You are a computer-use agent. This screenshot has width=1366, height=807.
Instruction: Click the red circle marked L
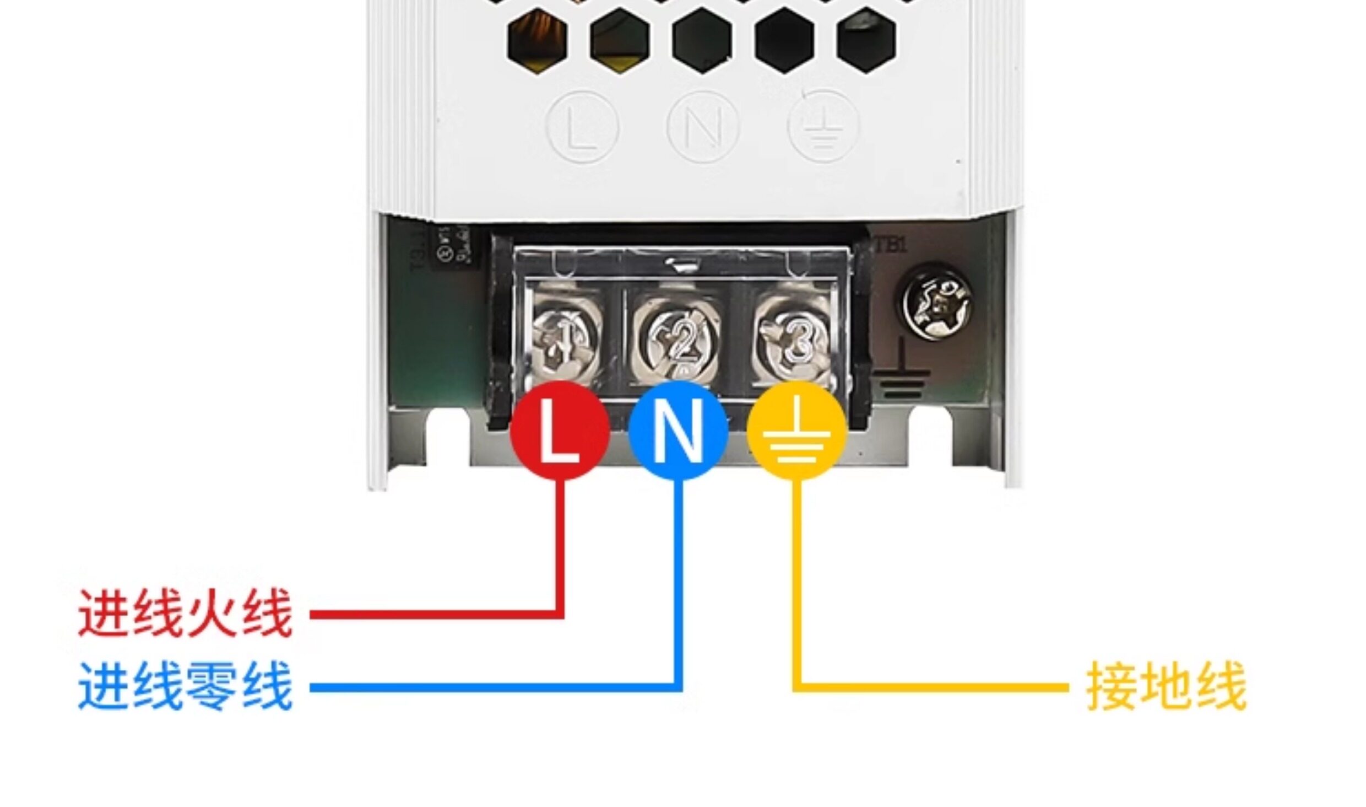pos(560,430)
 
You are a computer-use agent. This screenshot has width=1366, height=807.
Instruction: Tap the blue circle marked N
pos(678,430)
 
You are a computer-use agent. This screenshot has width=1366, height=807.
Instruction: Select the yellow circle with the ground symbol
pos(796,430)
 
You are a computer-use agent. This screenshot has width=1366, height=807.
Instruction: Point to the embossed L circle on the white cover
pos(583,128)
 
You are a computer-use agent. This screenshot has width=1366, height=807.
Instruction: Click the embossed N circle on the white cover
pos(702,128)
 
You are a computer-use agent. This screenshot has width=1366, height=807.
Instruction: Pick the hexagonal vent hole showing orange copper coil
pos(538,41)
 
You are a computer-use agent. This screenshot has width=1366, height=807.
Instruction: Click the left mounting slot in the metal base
pos(448,441)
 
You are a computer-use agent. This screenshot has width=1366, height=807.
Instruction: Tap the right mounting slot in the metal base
pos(930,441)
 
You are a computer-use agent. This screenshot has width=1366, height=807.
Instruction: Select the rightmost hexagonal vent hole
pos(865,41)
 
